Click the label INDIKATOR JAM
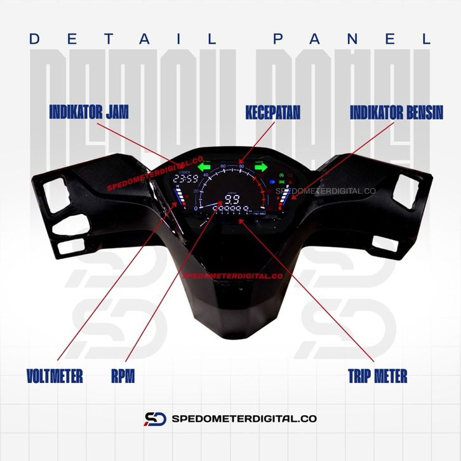[x=89, y=113]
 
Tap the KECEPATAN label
[x=272, y=113]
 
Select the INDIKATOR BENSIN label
[x=397, y=113]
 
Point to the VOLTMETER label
[x=55, y=376]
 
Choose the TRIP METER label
[x=377, y=376]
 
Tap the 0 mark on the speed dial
[x=196, y=208]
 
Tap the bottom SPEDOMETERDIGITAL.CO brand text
[x=244, y=419]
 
